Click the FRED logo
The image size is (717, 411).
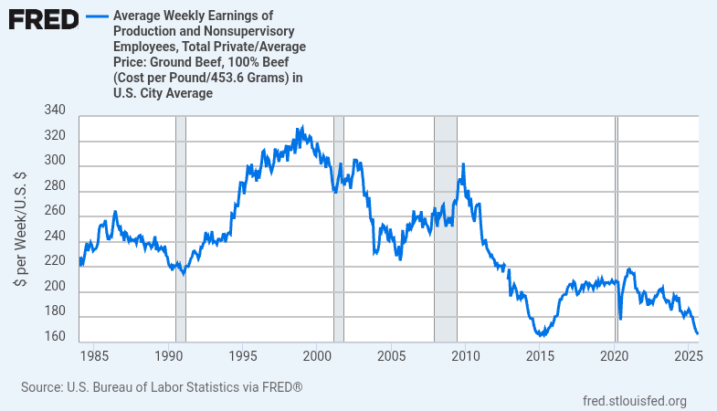pyautogui.click(x=43, y=19)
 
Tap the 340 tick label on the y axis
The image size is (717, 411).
pyautogui.click(x=54, y=111)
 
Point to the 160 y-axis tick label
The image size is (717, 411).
pyautogui.click(x=54, y=337)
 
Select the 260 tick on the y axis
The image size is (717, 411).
pyautogui.click(x=54, y=210)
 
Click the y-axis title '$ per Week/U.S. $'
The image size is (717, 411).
pyautogui.click(x=19, y=229)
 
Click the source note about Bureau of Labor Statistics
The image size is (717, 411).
pyautogui.click(x=162, y=387)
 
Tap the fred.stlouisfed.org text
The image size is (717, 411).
pyautogui.click(x=634, y=400)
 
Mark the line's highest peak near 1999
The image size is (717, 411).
pyautogui.click(x=301, y=128)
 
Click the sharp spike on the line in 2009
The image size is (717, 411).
pyautogui.click(x=463, y=164)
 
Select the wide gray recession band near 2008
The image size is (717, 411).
pyautogui.click(x=445, y=228)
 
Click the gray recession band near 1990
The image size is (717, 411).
pyautogui.click(x=180, y=228)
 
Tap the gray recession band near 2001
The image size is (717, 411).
pyautogui.click(x=339, y=228)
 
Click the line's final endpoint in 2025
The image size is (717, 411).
pyautogui.click(x=697, y=333)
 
